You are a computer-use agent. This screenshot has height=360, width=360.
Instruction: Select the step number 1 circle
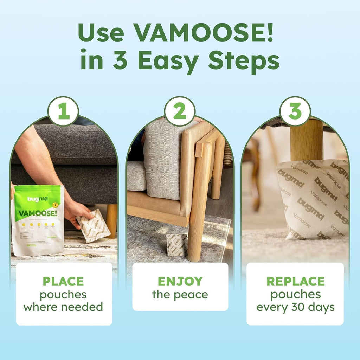[x=63, y=111]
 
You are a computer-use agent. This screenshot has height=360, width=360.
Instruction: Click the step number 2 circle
[x=180, y=111]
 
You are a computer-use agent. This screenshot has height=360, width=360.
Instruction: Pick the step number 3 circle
[x=295, y=111]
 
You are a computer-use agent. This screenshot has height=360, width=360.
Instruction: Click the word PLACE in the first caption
[x=63, y=281]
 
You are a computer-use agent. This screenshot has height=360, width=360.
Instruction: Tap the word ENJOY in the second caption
[x=180, y=281]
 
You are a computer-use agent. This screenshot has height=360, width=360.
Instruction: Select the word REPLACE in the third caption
[x=295, y=281]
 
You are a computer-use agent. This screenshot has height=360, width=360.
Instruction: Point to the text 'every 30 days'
[x=295, y=307]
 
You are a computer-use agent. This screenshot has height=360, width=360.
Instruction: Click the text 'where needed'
[x=63, y=307]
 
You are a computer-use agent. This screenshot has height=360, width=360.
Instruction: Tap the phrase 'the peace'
[x=180, y=295]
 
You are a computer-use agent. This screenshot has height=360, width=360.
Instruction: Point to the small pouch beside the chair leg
[x=177, y=245]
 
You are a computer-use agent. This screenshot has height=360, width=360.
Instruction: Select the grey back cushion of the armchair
[x=165, y=158]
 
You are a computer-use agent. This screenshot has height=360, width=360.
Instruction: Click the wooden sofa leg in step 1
[x=112, y=220]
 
